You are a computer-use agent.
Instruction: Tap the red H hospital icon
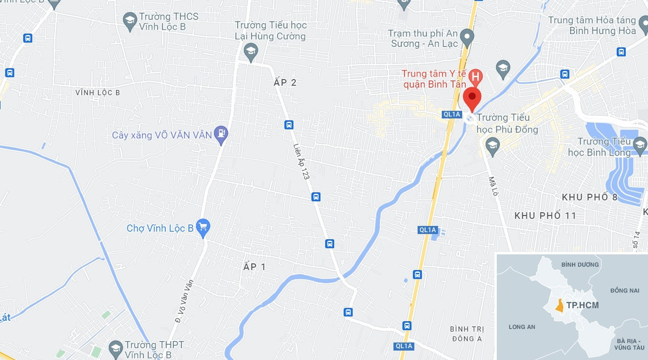coord(475,77)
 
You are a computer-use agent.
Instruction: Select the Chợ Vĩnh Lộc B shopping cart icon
coord(203,228)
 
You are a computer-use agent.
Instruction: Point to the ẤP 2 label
coord(285,83)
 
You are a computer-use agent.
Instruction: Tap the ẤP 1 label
coord(255,267)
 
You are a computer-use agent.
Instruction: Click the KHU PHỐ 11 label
coord(545,215)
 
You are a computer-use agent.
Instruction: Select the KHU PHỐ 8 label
coord(589,197)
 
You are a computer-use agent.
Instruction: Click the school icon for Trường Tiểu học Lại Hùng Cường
coord(251,52)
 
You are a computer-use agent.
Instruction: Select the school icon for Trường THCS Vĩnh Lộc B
coord(130,22)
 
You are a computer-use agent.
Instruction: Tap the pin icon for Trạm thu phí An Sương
coord(468,38)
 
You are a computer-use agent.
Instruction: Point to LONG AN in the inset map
coord(522,327)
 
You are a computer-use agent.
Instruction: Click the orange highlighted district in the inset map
coord(561,305)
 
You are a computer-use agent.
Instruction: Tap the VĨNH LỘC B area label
coord(98,93)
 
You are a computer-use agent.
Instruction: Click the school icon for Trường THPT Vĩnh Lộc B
coord(115,348)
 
